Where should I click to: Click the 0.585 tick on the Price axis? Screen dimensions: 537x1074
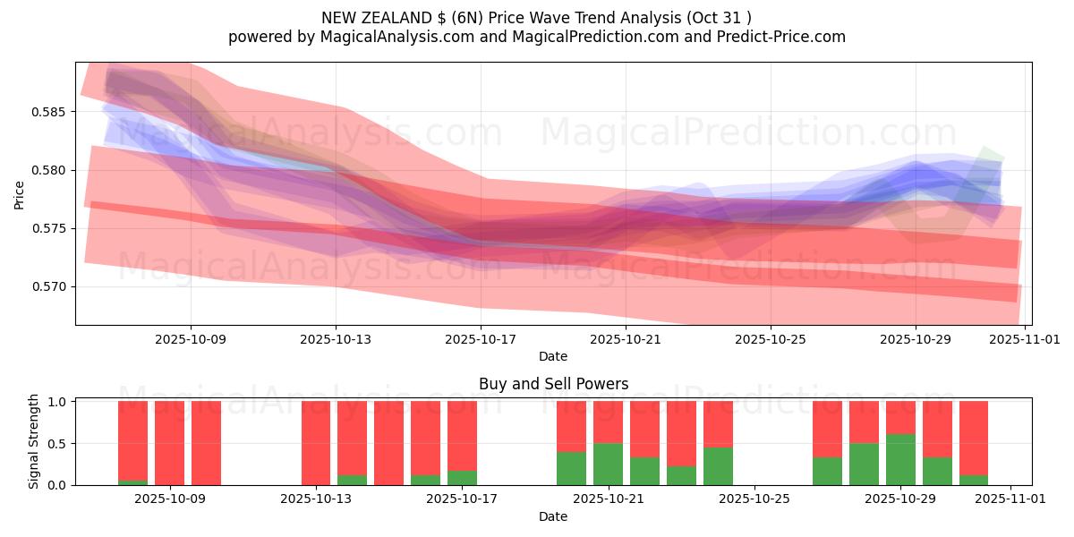pos(51,112)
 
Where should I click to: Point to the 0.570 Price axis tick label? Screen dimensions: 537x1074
pos(51,286)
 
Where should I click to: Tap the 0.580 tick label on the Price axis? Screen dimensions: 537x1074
pos(51,170)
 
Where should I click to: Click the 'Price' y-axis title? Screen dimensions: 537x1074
pos(20,193)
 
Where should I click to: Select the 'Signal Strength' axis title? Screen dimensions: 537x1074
pos(33,441)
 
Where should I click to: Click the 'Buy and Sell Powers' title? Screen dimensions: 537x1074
pos(553,384)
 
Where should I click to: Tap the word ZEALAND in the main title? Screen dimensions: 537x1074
pos(405,17)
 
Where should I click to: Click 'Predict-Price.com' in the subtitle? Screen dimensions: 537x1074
pos(778,37)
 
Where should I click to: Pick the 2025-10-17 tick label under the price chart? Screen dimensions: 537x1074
pos(481,339)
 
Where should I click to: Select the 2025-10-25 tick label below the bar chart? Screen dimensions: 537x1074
pos(754,499)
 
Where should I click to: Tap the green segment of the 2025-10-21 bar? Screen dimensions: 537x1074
pos(608,464)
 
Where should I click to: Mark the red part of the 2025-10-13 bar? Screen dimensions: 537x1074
pos(316,443)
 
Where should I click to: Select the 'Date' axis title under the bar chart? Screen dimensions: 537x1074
pos(553,516)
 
